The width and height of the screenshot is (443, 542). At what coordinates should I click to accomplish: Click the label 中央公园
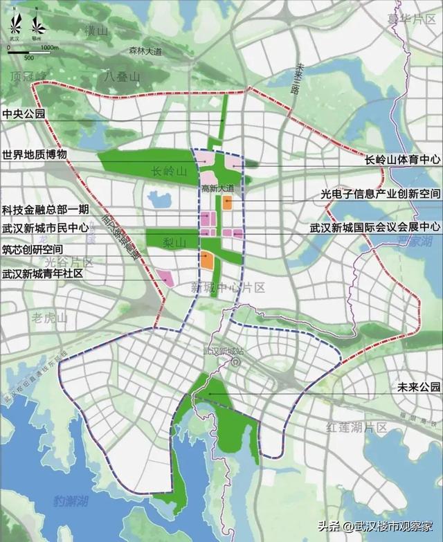tap(24, 114)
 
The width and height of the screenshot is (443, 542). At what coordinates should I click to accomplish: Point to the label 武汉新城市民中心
tap(45, 227)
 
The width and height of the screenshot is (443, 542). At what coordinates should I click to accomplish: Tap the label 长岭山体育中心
tap(403, 160)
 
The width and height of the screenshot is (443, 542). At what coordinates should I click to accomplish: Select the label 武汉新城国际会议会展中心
tap(374, 227)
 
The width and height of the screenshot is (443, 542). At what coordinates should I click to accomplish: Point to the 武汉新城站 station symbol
tap(235, 361)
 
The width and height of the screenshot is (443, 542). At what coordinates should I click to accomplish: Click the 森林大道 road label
tap(144, 51)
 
